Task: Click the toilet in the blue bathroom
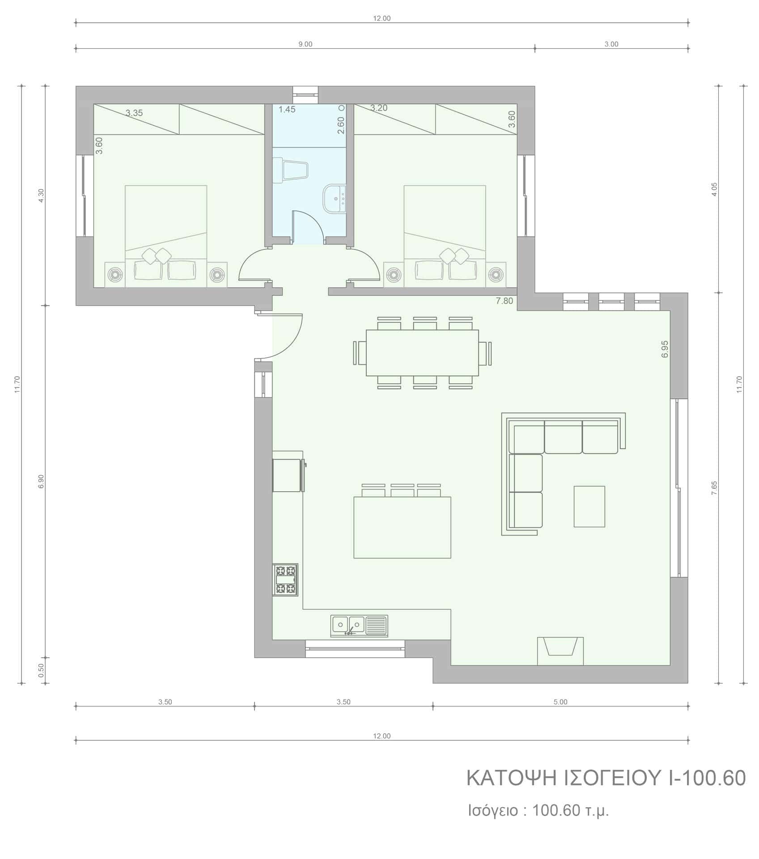point(290,170)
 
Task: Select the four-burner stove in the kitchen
point(285,580)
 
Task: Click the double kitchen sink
point(359,626)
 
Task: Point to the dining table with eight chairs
point(422,353)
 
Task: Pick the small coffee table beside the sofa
point(589,506)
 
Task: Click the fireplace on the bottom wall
point(560,651)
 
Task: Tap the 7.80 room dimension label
point(504,301)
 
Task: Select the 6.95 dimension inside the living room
point(665,349)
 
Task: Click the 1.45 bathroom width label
point(287,109)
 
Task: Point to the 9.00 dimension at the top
point(305,44)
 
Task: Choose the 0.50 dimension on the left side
point(42,670)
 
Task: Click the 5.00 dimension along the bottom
point(560,702)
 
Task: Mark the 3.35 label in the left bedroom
point(134,113)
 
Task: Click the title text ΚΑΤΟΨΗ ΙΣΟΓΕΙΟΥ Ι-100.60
point(606,778)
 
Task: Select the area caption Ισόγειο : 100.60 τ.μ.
point(539,811)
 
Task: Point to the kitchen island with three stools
point(402,521)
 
